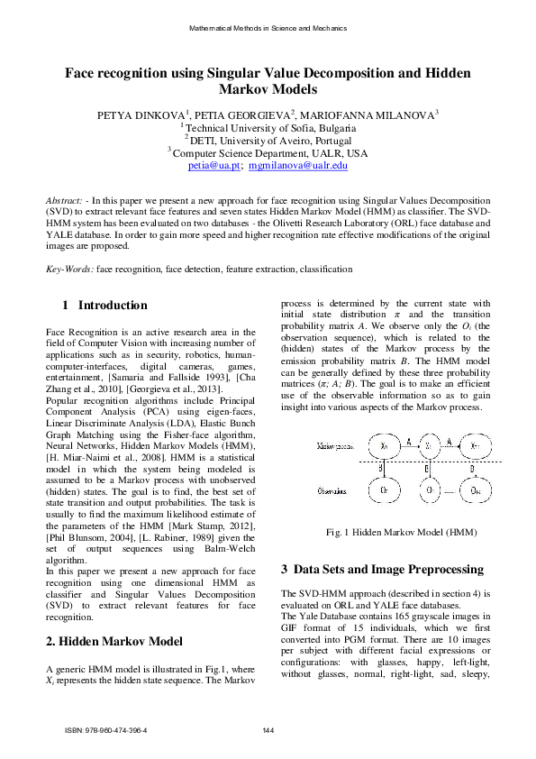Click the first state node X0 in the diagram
384,445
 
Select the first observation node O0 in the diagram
384,491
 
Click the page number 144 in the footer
268,730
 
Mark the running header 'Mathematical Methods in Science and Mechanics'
268,29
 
